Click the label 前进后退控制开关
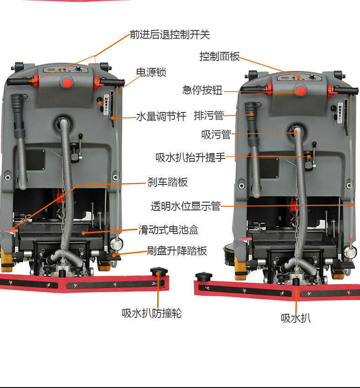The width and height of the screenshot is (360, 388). pyautogui.click(x=170, y=35)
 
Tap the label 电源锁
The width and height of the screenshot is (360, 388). pyautogui.click(x=151, y=72)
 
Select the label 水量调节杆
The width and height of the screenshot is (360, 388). pyautogui.click(x=161, y=116)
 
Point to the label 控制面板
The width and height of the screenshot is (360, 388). pyautogui.click(x=220, y=56)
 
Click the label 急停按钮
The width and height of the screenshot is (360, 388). pyautogui.click(x=202, y=90)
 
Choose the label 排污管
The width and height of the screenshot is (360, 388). pyautogui.click(x=209, y=116)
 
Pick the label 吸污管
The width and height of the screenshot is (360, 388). pyautogui.click(x=216, y=135)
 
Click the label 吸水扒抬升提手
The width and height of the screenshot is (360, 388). pyautogui.click(x=190, y=157)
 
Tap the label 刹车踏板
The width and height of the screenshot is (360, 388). pyautogui.click(x=167, y=182)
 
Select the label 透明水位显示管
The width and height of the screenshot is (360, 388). pyautogui.click(x=185, y=206)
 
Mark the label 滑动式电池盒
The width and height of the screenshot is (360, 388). pyautogui.click(x=169, y=230)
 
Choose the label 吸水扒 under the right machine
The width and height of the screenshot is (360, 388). pyautogui.click(x=296, y=318)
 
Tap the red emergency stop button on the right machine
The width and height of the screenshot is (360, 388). pyautogui.click(x=300, y=91)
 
